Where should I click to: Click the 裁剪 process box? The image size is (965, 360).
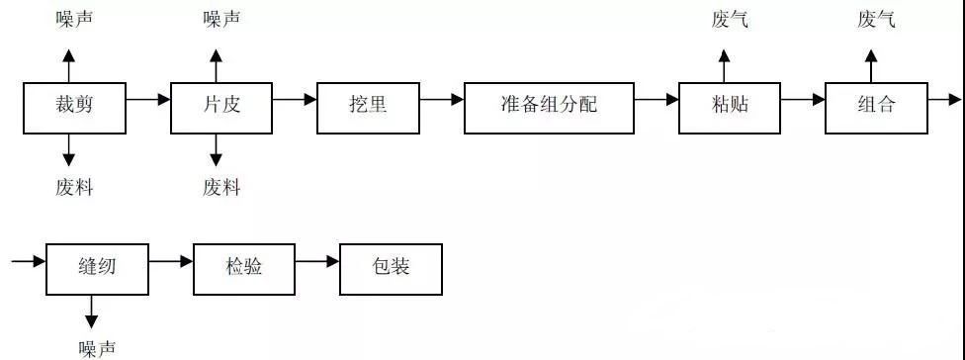click(74, 108)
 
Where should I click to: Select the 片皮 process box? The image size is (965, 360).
click(220, 108)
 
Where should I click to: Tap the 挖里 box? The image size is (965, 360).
click(368, 108)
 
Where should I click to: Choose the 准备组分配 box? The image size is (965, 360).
click(549, 108)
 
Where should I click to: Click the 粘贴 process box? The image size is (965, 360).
click(730, 108)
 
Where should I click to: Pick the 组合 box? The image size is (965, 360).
click(876, 108)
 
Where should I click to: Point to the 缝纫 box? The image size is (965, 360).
click(97, 268)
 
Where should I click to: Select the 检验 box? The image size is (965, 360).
click(243, 268)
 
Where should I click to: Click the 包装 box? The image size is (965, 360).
click(391, 268)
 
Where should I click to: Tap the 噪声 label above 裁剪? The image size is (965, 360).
click(74, 19)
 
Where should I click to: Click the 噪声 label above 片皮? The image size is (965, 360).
click(221, 19)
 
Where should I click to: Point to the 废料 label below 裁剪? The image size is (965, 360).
click(74, 188)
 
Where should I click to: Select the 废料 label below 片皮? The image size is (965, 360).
click(221, 188)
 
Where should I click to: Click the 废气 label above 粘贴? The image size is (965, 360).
click(730, 19)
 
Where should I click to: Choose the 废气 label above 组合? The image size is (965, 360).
click(876, 19)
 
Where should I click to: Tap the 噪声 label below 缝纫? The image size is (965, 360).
click(97, 348)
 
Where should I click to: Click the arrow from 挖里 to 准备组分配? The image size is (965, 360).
click(442, 99)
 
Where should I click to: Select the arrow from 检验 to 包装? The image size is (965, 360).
click(317, 261)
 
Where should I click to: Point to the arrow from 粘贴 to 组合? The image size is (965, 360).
click(803, 99)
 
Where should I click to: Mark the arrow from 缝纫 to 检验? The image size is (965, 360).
click(171, 261)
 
